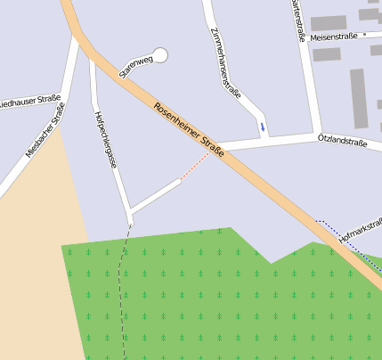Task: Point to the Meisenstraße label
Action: (335, 37)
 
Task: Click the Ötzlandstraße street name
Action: (343, 138)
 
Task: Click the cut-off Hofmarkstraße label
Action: (361, 228)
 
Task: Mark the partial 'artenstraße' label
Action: (298, 20)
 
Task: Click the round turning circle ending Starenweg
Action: (160, 55)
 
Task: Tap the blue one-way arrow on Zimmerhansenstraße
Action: (263, 127)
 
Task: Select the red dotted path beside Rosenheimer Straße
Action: (197, 167)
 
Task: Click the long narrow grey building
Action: (358, 98)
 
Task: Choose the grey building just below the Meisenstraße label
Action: (327, 54)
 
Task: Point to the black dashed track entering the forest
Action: (126, 285)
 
